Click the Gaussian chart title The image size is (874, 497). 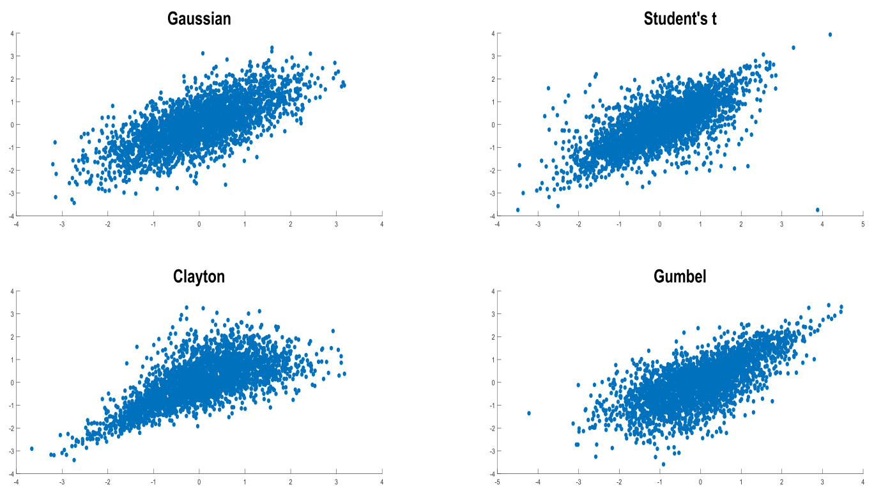(x=199, y=19)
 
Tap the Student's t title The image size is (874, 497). (x=680, y=19)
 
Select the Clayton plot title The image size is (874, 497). (x=199, y=276)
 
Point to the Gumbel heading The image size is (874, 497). (x=680, y=276)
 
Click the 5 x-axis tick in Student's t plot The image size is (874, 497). (x=862, y=225)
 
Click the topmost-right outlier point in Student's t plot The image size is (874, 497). (x=830, y=35)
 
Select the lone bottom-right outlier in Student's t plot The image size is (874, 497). (x=817, y=209)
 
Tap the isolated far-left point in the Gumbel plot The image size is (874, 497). (x=529, y=413)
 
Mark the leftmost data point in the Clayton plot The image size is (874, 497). (x=32, y=448)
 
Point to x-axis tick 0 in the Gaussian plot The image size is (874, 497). (x=199, y=225)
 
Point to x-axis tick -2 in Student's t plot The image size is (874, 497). (x=578, y=225)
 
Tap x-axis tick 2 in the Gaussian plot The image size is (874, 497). (x=290, y=225)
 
